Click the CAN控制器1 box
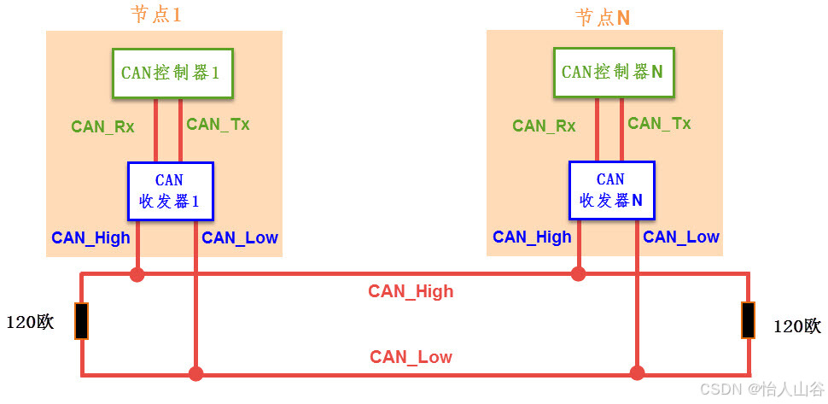pyautogui.click(x=172, y=73)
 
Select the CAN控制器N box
pyautogui.click(x=613, y=73)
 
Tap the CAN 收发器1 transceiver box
pyautogui.click(x=170, y=191)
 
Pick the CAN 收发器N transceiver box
pyautogui.click(x=611, y=190)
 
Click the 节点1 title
pyautogui.click(x=156, y=15)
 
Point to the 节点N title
pyautogui.click(x=603, y=17)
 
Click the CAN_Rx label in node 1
pyautogui.click(x=102, y=126)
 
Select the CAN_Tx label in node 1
pyautogui.click(x=218, y=124)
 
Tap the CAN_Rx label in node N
pyautogui.click(x=544, y=126)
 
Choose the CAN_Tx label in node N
pyautogui.click(x=659, y=123)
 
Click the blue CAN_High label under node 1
pyautogui.click(x=90, y=237)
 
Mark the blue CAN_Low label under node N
pyautogui.click(x=681, y=237)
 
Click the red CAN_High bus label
pyautogui.click(x=411, y=291)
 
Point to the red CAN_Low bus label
pyautogui.click(x=411, y=357)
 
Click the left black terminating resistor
pyautogui.click(x=82, y=320)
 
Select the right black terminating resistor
pyautogui.click(x=748, y=319)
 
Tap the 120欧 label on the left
pyautogui.click(x=31, y=323)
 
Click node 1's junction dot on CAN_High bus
pyautogui.click(x=137, y=274)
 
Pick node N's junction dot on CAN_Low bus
pyautogui.click(x=637, y=373)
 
